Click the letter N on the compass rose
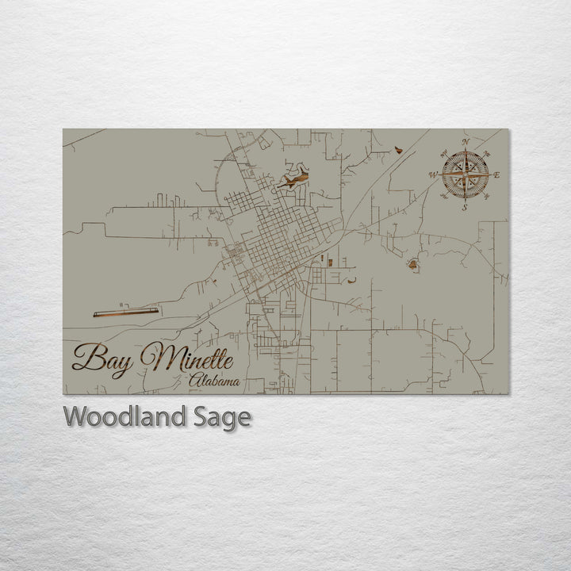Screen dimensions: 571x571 [x=466, y=143]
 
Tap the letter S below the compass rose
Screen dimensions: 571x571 [x=466, y=208]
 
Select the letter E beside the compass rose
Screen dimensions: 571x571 [x=497, y=175]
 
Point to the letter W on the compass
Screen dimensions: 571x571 [x=433, y=174]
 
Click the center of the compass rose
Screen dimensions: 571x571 [x=466, y=174]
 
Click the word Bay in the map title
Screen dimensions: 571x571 [x=103, y=358]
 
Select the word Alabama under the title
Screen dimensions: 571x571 [x=215, y=383]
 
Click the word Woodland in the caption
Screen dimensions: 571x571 [x=125, y=416]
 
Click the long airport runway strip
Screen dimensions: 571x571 [x=126, y=312]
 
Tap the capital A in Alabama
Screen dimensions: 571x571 [x=195, y=383]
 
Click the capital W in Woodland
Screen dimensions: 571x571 [x=75, y=416]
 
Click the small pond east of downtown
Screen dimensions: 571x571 [x=412, y=265]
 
